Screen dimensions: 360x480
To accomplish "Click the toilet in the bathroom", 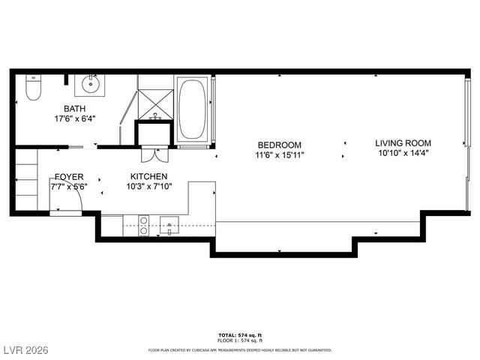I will (x=32, y=88).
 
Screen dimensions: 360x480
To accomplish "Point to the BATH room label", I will (x=74, y=109).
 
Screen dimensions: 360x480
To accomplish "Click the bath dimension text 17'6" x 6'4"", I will (x=74, y=118).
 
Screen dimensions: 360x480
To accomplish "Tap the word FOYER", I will (x=68, y=177).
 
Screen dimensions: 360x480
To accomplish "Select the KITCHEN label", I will (x=149, y=177).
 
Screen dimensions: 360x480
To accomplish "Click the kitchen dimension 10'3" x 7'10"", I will (x=149, y=187).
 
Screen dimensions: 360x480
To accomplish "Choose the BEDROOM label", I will (x=279, y=145).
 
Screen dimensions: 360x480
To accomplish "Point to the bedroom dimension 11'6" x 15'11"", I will (x=279, y=155).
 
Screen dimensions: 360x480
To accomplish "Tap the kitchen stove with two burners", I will (x=142, y=225).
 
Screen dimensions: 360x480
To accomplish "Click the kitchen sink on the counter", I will (x=169, y=225).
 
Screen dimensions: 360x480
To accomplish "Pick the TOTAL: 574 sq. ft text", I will (x=239, y=334).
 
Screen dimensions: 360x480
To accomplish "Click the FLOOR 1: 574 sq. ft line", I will (x=239, y=341).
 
